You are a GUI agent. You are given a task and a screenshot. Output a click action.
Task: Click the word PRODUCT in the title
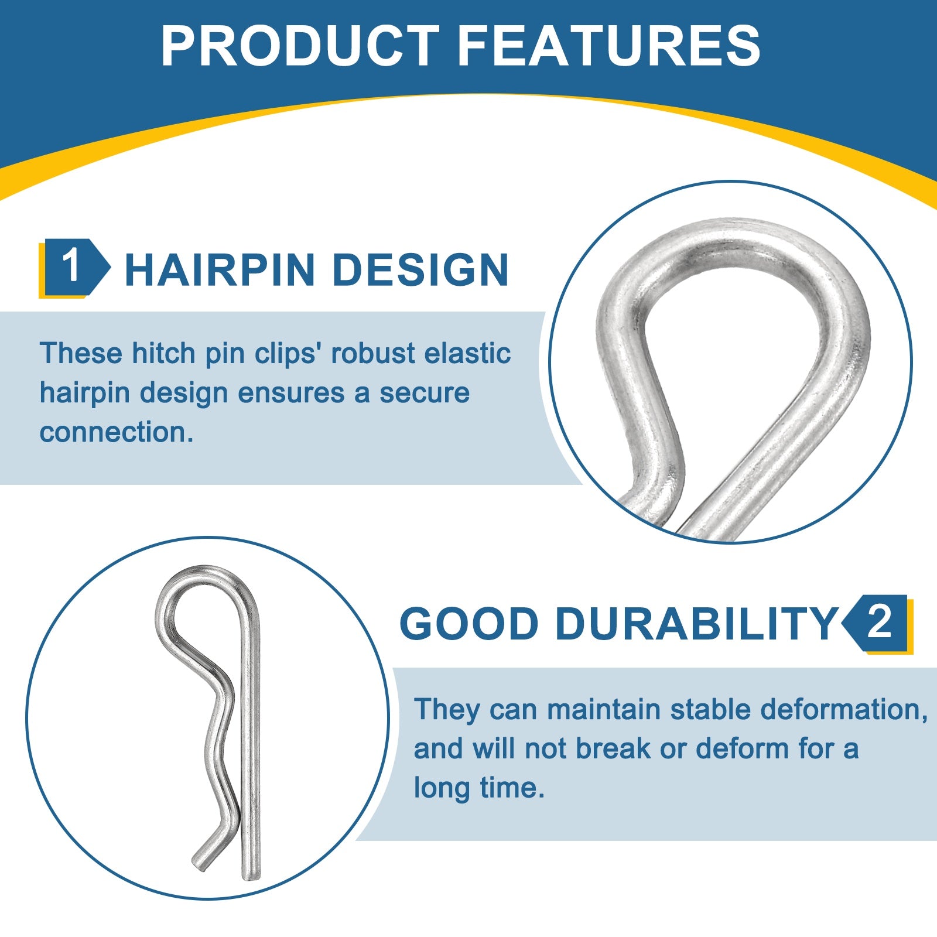coord(300,46)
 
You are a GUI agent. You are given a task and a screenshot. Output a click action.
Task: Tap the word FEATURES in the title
coord(609,46)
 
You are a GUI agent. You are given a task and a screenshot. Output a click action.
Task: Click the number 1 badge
coord(74,268)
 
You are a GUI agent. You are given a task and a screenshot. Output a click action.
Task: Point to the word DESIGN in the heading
coord(420,270)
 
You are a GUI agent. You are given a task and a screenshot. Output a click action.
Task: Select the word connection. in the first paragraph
coord(117,432)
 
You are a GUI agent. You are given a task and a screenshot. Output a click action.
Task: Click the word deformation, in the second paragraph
coord(844,710)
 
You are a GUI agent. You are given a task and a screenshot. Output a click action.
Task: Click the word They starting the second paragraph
coord(447,710)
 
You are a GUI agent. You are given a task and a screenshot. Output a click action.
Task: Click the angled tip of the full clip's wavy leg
coord(199,863)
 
